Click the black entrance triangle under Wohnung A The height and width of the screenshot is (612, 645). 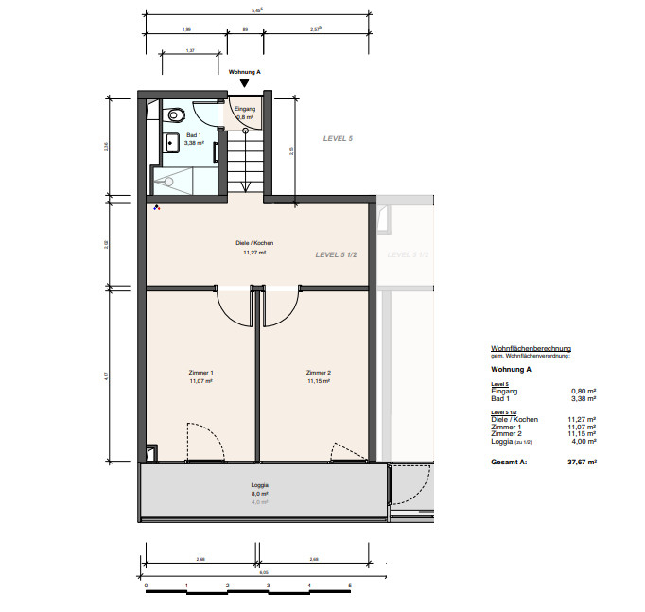coord(244,84)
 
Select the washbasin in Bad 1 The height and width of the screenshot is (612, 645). coord(172,144)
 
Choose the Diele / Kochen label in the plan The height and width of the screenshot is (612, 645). coord(254,243)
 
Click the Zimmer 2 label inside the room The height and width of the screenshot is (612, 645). coord(319,373)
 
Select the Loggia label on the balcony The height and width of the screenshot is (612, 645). coord(259,484)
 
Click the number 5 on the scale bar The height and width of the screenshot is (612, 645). coord(350,586)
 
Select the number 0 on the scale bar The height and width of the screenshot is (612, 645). coord(147,586)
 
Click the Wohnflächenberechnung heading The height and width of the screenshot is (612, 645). coord(531,349)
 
